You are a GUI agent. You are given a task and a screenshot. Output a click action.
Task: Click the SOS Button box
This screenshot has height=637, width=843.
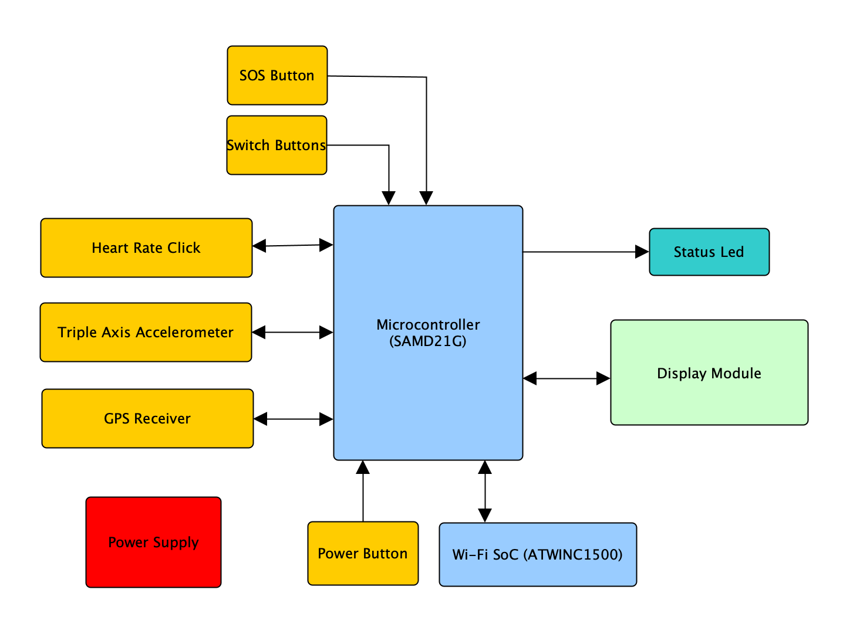[x=277, y=75]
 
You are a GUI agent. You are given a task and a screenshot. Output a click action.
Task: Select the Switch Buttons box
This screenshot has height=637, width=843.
[x=276, y=145]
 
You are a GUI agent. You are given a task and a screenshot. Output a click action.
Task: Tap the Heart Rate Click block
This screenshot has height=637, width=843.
[x=146, y=248]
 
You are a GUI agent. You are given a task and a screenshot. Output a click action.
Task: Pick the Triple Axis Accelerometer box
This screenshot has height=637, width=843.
[x=146, y=332]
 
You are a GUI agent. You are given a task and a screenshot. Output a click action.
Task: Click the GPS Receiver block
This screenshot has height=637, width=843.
[x=147, y=418]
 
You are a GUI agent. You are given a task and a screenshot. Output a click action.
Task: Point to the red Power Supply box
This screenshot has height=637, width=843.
[x=153, y=542]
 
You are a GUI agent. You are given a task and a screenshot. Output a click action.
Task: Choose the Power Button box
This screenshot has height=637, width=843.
[x=363, y=553]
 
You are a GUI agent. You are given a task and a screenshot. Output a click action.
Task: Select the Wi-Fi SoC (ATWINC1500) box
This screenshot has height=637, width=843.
[x=538, y=554]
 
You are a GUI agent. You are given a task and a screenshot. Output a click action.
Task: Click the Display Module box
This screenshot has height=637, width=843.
[x=709, y=372]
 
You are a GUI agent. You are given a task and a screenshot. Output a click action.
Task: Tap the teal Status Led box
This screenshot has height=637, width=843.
[x=709, y=252]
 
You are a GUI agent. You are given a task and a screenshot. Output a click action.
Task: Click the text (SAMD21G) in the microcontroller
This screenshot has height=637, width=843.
[x=428, y=341]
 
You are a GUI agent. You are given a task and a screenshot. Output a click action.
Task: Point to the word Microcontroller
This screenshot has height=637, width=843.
[x=428, y=324]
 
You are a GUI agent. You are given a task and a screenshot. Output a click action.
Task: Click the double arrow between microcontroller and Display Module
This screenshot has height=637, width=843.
[x=567, y=379]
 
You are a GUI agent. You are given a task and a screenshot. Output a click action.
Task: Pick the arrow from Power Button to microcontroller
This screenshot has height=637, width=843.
[x=363, y=493]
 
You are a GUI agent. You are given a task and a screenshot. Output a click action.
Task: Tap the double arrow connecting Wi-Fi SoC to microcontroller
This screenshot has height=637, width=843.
[x=485, y=492]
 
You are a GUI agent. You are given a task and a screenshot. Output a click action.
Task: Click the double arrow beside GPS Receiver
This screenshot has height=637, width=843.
[x=294, y=419]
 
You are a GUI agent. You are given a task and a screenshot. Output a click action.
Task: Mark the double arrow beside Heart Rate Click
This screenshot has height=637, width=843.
[x=293, y=246]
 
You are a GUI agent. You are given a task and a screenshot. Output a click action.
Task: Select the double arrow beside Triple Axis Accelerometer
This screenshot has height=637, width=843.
[x=292, y=333]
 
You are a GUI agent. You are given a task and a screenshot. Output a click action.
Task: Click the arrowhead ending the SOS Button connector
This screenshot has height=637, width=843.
[x=426, y=198]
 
